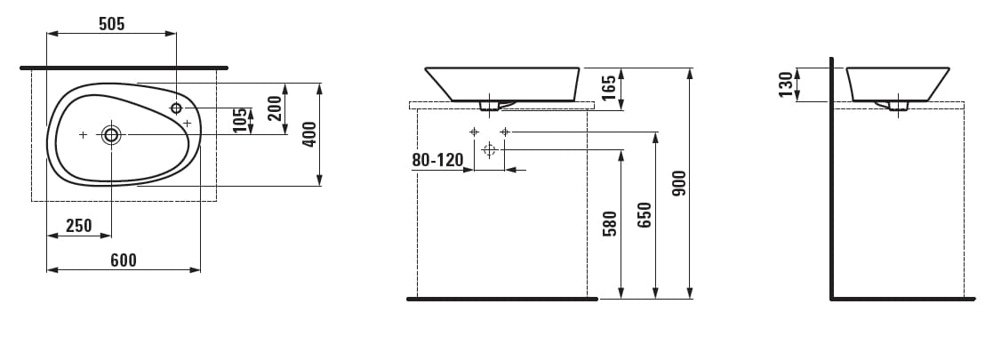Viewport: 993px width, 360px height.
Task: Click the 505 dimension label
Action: pos(111,24)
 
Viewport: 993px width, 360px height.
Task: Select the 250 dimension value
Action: pos(79,226)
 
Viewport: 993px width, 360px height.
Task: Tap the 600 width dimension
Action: pos(124,260)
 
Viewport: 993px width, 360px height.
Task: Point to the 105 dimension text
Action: pos(239,121)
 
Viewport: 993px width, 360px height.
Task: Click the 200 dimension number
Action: pos(275,108)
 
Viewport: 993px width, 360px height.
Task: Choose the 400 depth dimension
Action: pos(309,134)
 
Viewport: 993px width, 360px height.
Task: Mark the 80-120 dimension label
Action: pos(438,161)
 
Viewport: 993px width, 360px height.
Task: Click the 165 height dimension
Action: pos(609,89)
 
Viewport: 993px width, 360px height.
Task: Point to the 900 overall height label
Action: pos(679,182)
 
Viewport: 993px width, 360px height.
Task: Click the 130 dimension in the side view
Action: pos(785,84)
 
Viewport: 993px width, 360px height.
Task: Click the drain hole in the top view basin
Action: pos(111,134)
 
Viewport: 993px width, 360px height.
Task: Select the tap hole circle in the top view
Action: pos(176,108)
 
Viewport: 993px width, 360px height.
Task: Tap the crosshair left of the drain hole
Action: pos(83,134)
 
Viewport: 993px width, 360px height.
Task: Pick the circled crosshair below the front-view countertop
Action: pos(488,150)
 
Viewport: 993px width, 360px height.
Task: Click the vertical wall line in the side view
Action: pos(831,178)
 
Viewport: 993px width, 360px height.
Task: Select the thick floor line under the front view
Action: pos(502,299)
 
